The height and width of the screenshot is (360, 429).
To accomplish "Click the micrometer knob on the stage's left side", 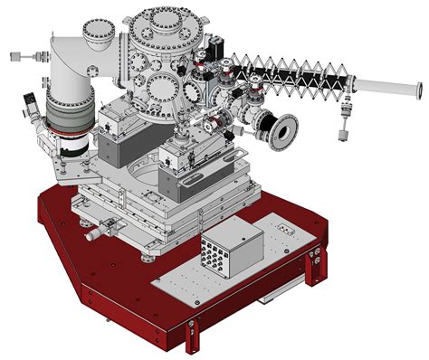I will [93, 234].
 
